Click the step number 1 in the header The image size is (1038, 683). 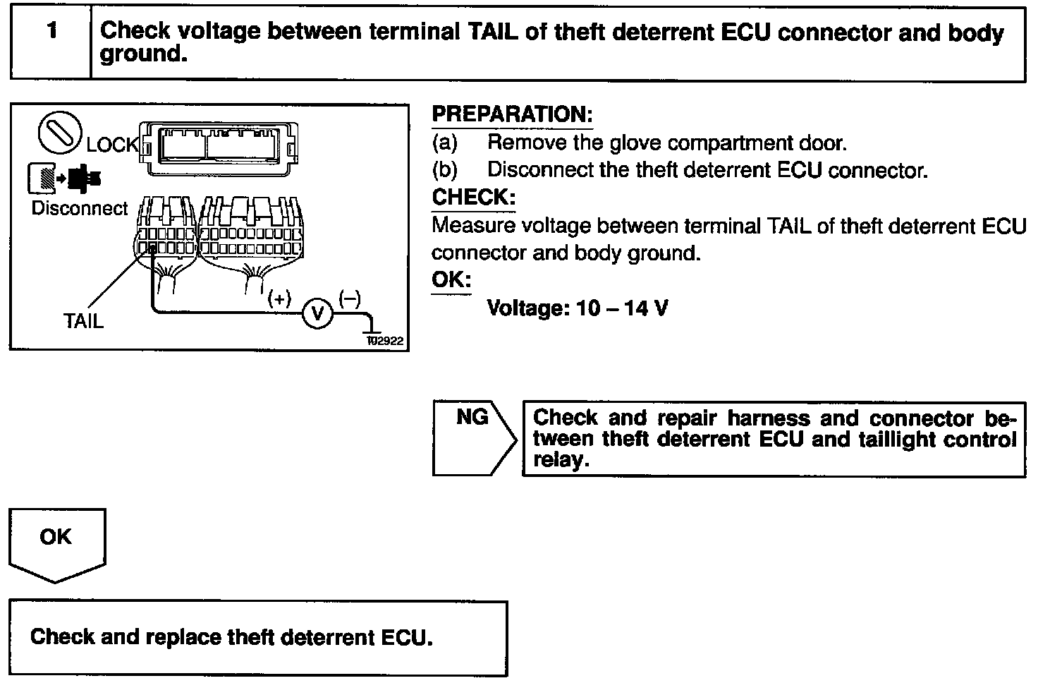click(x=51, y=32)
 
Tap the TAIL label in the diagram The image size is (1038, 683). click(x=84, y=322)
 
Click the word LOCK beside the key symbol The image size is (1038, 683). click(x=112, y=145)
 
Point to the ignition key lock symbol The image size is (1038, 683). click(x=59, y=134)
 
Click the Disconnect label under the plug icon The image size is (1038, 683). click(x=80, y=209)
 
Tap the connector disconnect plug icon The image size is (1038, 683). click(x=63, y=177)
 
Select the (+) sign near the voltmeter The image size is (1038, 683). click(x=279, y=299)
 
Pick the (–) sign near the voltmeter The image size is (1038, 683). click(x=350, y=298)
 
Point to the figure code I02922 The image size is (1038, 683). click(x=384, y=341)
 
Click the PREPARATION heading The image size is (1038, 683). click(x=512, y=114)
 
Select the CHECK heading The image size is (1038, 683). click(x=473, y=198)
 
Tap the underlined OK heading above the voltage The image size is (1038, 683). click(x=451, y=280)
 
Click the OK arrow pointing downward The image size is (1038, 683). click(x=56, y=543)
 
